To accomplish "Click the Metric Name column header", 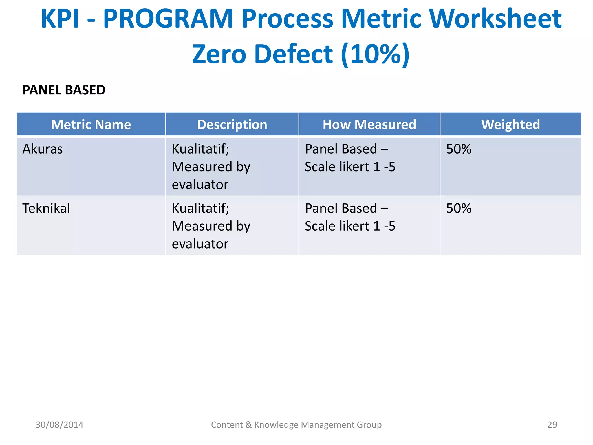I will [91, 125].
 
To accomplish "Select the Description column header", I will [232, 125].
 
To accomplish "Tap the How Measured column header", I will [369, 125].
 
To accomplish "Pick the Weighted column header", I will [510, 125].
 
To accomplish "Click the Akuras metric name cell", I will [43, 149].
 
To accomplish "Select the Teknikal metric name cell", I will [46, 208].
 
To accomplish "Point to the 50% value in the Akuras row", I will [459, 149].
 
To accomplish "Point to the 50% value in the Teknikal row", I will [459, 208].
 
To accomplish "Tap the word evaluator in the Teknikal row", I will [200, 244].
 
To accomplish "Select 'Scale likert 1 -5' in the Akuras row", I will [350, 167].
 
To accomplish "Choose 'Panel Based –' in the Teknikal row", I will [346, 208].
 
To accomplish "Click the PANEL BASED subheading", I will [64, 90].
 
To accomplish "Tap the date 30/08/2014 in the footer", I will [59, 425].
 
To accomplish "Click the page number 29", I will [552, 425].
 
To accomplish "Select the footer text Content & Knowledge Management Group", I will [296, 425].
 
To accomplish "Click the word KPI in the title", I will [60, 19].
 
